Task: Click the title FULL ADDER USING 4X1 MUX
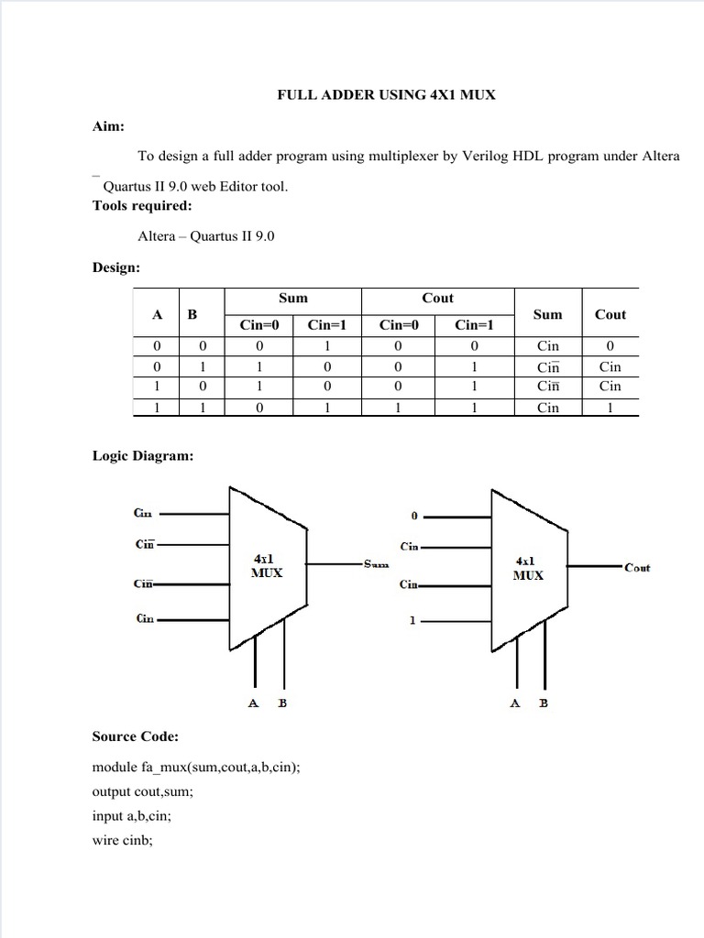click(386, 94)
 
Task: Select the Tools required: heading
click(142, 205)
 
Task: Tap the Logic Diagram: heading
click(143, 455)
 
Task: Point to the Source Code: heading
click(136, 736)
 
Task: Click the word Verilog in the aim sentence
click(502, 156)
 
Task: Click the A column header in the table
click(158, 314)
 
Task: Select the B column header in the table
click(192, 314)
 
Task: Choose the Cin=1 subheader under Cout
click(474, 324)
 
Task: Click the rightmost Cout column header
click(610, 314)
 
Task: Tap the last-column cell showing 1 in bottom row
click(610, 408)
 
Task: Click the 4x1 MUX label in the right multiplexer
click(528, 568)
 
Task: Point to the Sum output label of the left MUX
click(376, 564)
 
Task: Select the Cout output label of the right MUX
click(637, 567)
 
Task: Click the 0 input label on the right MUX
click(414, 517)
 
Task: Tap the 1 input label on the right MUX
click(412, 620)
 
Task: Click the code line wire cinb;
click(122, 839)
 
